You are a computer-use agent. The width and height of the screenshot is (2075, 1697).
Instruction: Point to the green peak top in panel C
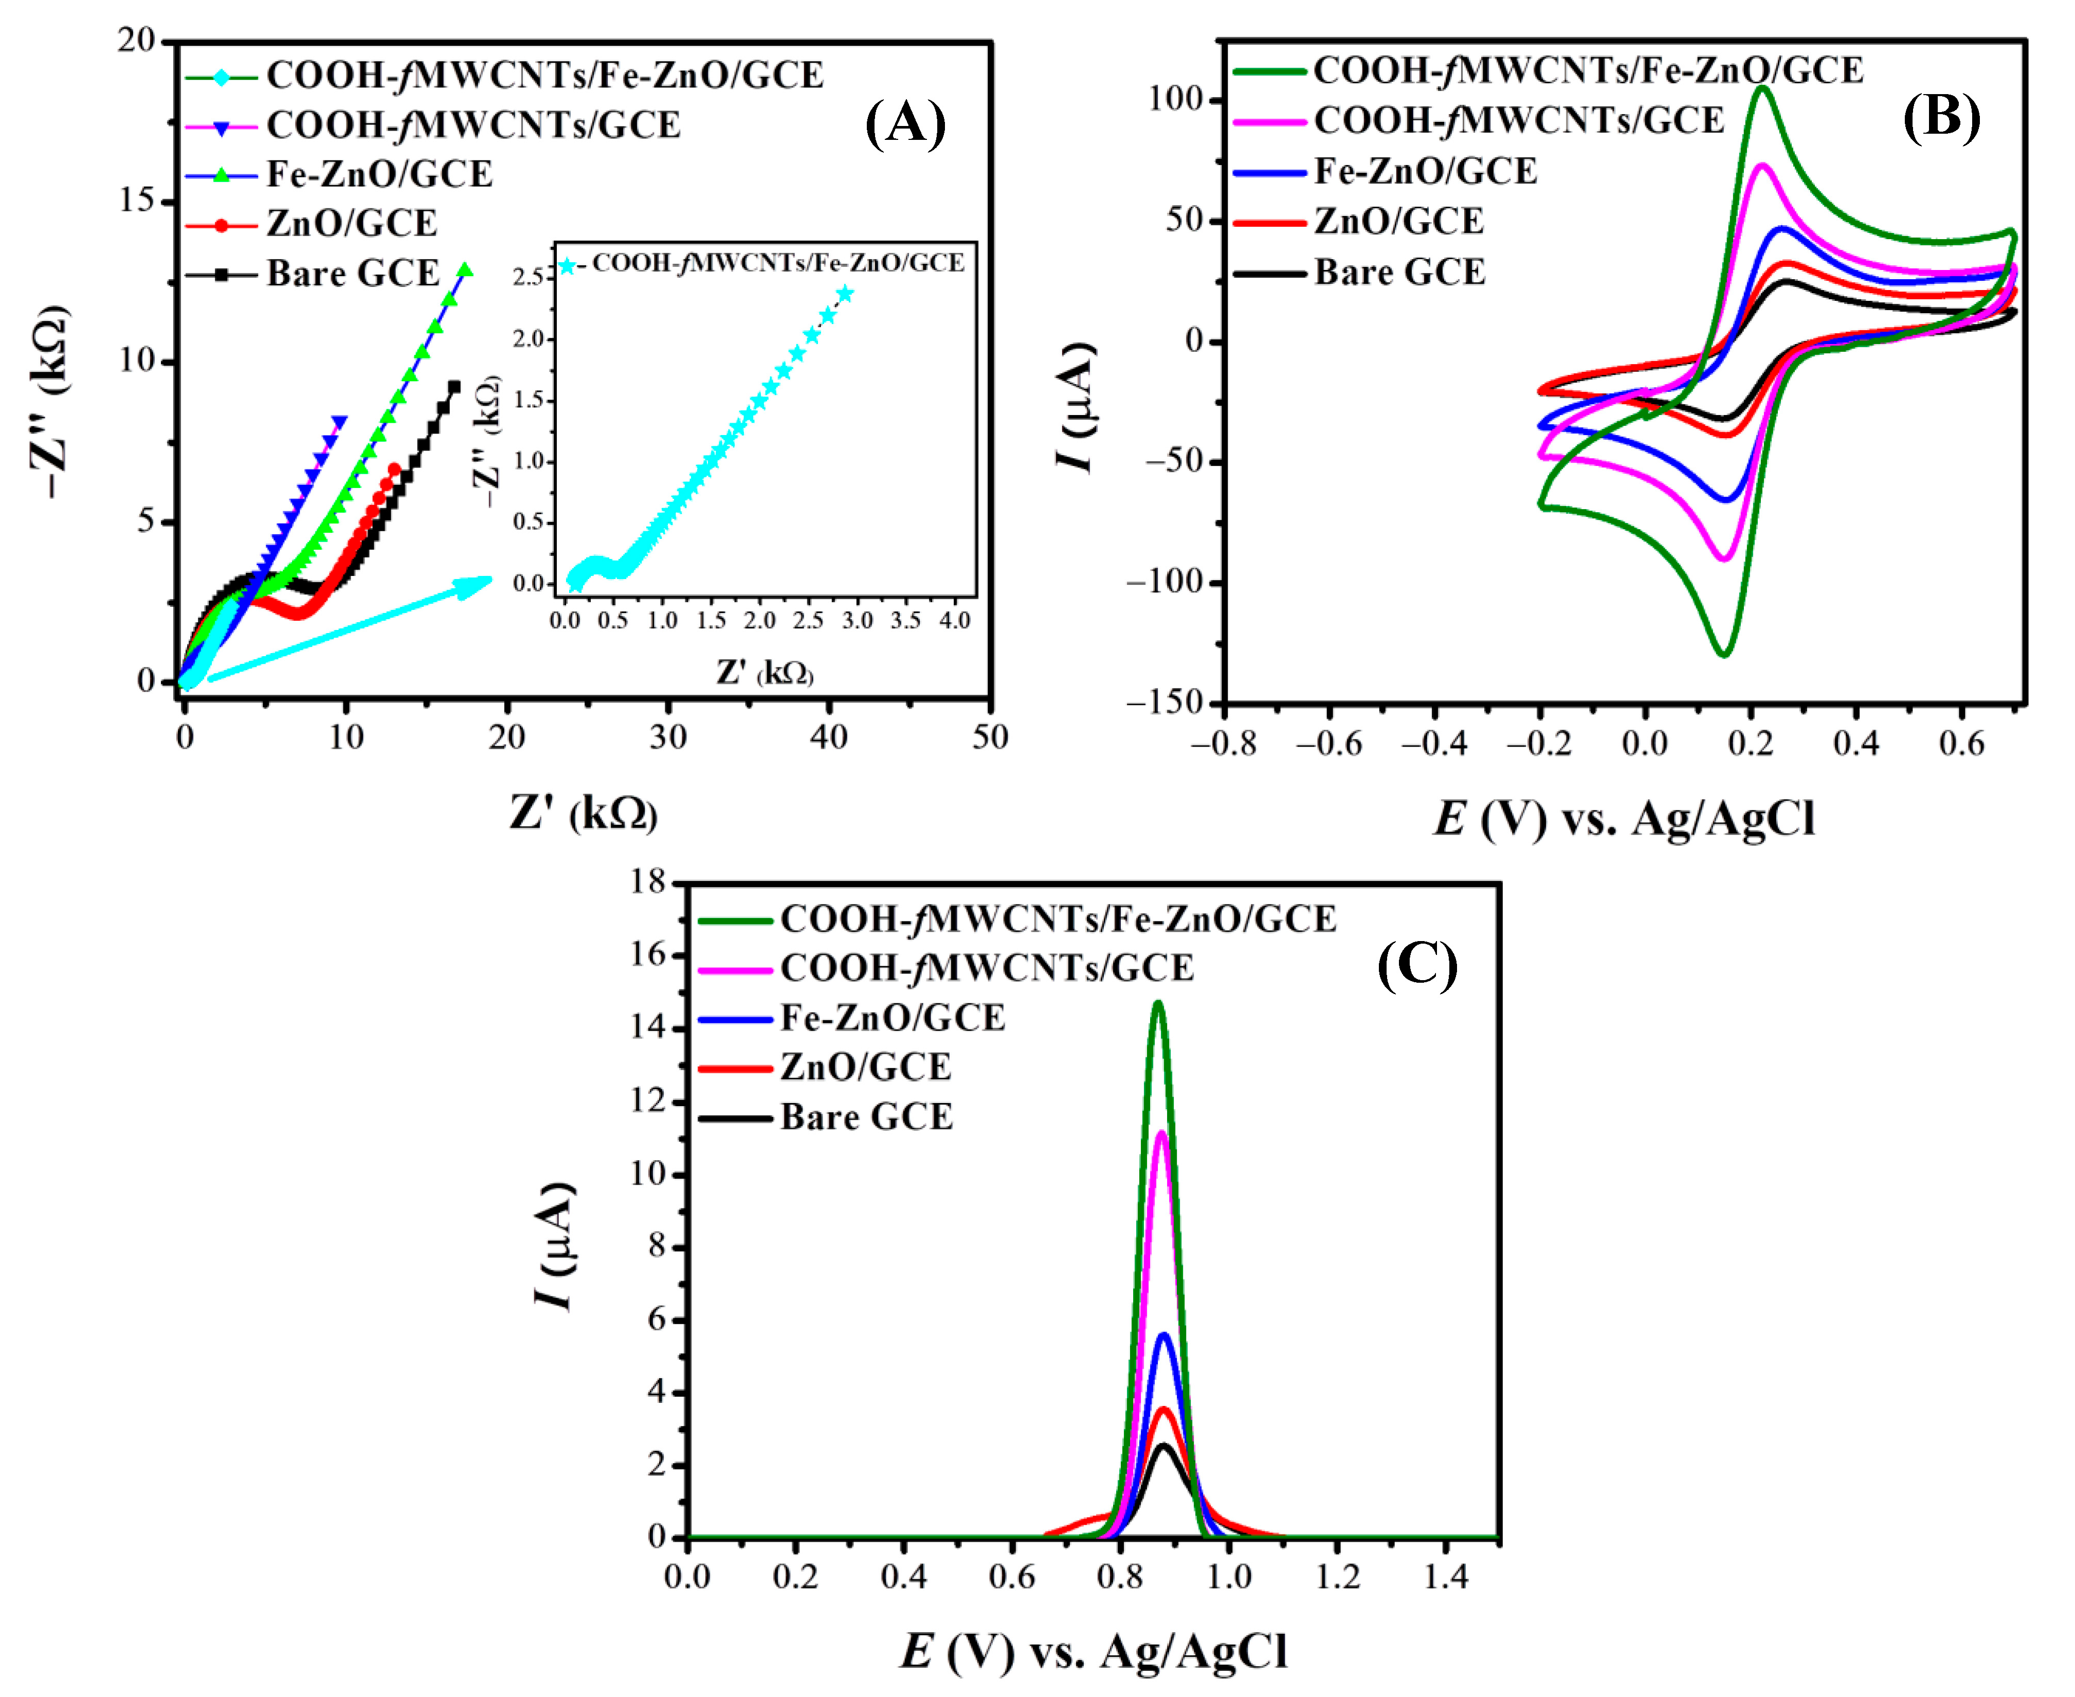[x=1158, y=1003]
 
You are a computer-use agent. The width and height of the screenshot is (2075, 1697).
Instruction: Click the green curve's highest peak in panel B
[x=1762, y=88]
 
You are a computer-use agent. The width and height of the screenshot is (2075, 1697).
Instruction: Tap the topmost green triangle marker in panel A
[x=465, y=270]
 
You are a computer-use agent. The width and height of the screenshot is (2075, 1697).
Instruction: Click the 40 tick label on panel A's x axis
[x=829, y=737]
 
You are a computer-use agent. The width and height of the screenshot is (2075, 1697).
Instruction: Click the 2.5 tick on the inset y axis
[x=528, y=278]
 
